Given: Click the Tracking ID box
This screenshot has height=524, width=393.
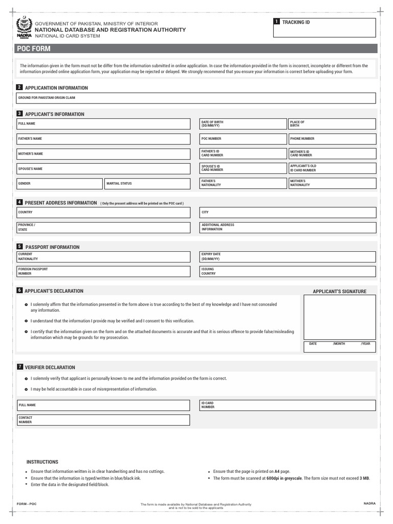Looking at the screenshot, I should (325, 28).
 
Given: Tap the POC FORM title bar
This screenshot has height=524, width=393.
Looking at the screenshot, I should (196, 49).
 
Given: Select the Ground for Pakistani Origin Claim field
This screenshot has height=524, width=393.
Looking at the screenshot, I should (196, 98).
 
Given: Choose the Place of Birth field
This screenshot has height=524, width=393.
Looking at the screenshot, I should (331, 124).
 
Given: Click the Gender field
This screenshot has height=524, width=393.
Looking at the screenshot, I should (59, 183).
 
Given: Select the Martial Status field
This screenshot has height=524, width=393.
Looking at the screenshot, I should (147, 183).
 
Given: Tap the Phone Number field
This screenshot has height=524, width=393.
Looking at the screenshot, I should (331, 139).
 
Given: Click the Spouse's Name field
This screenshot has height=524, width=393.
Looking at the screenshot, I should (103, 168).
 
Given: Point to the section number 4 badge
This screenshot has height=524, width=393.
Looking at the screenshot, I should (19, 202).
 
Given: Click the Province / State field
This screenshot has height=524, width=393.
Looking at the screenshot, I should (103, 227).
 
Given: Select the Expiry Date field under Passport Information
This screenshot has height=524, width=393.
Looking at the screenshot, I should (288, 256).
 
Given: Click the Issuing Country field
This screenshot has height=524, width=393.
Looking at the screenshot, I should (288, 271).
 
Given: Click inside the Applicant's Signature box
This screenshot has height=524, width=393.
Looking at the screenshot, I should (339, 317).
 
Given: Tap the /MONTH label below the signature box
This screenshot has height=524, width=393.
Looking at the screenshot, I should (339, 344).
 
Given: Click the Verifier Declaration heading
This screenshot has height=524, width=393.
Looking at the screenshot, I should (50, 367).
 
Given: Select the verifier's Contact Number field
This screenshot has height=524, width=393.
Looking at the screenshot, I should (103, 420).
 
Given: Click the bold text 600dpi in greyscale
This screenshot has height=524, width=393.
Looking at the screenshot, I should (285, 478).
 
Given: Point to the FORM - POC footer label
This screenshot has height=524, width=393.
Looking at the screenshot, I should (27, 504).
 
